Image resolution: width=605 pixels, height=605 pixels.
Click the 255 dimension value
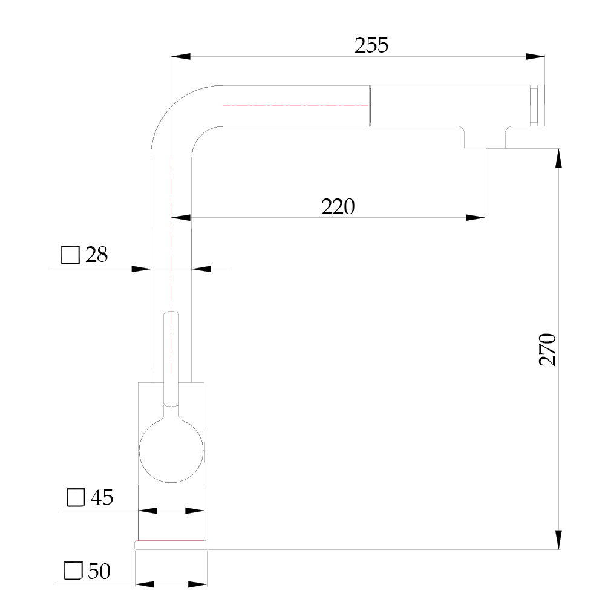[371, 45]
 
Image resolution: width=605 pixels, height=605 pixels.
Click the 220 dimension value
[338, 207]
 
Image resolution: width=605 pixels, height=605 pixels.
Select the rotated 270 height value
[547, 350]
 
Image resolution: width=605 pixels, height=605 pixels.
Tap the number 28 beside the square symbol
[96, 255]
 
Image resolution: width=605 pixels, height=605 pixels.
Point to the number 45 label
[102, 497]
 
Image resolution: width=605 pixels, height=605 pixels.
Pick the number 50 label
[99, 571]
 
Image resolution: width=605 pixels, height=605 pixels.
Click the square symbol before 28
[70, 255]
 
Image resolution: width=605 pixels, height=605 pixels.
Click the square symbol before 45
[76, 497]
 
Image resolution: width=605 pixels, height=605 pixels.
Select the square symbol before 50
[73, 571]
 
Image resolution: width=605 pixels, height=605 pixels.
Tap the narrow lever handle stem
[171, 359]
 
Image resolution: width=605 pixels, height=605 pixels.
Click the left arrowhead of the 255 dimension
[180, 57]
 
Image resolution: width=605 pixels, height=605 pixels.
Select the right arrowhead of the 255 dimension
[535, 57]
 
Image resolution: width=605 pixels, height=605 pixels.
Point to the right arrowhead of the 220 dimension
[475, 218]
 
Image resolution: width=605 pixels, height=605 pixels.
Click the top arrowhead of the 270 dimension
[558, 158]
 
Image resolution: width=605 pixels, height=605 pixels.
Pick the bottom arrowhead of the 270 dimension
[558, 540]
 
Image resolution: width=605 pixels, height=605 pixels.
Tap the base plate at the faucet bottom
[171, 545]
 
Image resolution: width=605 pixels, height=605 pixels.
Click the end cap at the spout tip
[541, 105]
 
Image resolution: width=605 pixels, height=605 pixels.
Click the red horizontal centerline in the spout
[296, 105]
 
